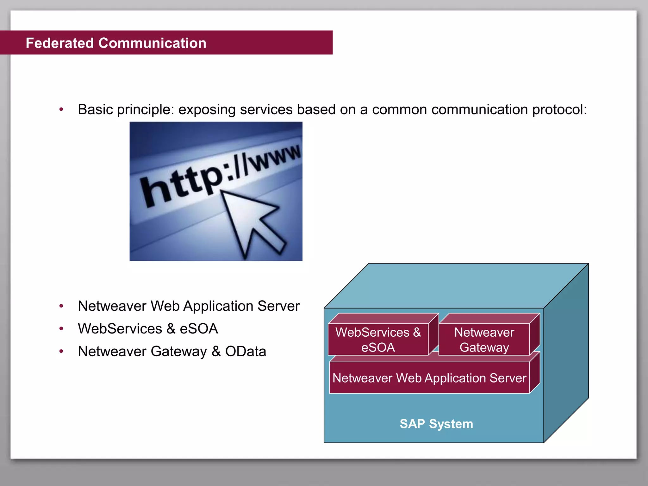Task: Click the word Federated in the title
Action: (59, 43)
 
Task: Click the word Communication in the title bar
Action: (152, 43)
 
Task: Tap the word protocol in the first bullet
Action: (559, 110)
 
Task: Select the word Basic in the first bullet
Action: (95, 110)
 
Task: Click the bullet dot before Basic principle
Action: (61, 110)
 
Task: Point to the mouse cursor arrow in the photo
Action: (250, 221)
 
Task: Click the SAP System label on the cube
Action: (436, 424)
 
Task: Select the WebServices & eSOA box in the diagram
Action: (378, 340)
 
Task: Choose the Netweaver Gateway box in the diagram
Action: (484, 340)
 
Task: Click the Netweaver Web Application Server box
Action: (429, 378)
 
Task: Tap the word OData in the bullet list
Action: (246, 352)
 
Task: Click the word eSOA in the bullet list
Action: (199, 329)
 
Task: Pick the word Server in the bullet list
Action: (278, 306)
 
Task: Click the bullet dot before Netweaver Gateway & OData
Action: (61, 351)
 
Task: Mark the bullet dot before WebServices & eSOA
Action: (61, 329)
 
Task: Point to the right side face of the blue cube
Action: (566, 351)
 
